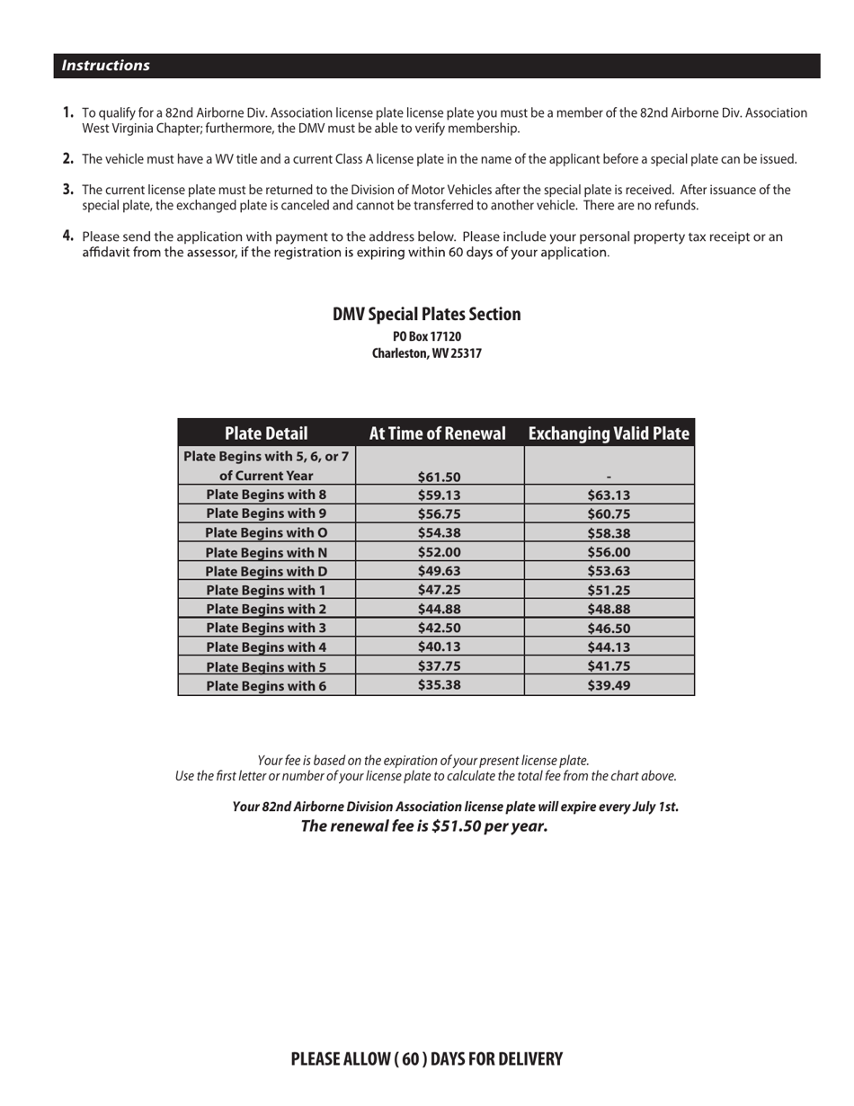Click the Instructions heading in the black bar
coord(105,66)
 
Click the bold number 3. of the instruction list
coord(67,189)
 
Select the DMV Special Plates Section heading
coord(426,314)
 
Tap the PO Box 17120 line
coord(426,336)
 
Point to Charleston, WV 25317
coord(426,353)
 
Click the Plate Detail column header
coord(266,433)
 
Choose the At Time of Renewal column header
coord(438,433)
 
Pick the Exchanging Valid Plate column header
coord(609,433)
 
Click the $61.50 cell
coord(439,477)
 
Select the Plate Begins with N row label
coord(266,552)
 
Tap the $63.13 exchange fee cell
coord(609,495)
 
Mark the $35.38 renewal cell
coord(439,685)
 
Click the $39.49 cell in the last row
coord(609,685)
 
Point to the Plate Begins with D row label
coord(266,571)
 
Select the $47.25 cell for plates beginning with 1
coord(439,590)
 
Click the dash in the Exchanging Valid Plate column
coord(609,477)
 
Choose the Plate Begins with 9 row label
coord(266,513)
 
